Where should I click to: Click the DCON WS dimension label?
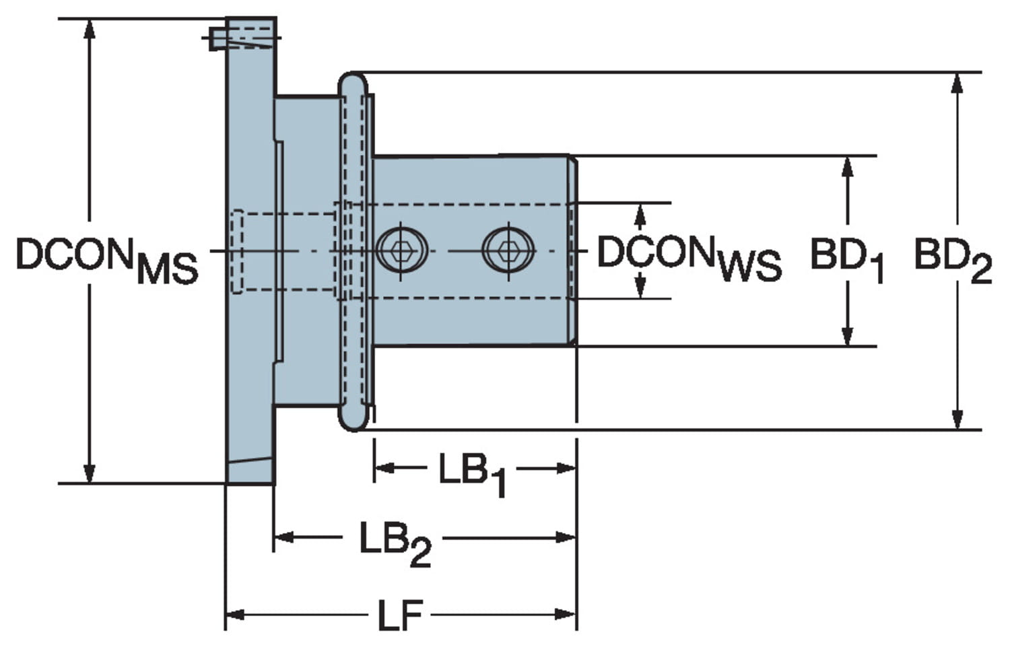(688, 259)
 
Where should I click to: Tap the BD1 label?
(846, 260)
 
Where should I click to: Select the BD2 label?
(952, 260)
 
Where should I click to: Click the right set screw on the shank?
(508, 250)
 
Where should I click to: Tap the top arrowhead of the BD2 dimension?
(957, 82)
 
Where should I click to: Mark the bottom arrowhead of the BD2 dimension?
(957, 419)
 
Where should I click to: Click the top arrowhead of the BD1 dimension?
(848, 166)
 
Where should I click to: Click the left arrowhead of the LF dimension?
(234, 614)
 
